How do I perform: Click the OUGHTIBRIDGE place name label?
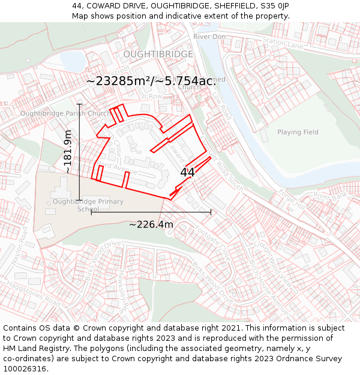158,55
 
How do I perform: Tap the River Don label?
209,37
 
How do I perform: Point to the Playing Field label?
298,132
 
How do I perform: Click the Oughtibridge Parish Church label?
65,113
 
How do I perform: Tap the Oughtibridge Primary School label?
88,205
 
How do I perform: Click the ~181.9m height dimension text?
68,152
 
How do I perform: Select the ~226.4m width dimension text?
151,225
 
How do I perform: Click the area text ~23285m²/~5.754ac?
151,81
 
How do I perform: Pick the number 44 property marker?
187,172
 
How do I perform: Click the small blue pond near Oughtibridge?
73,61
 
